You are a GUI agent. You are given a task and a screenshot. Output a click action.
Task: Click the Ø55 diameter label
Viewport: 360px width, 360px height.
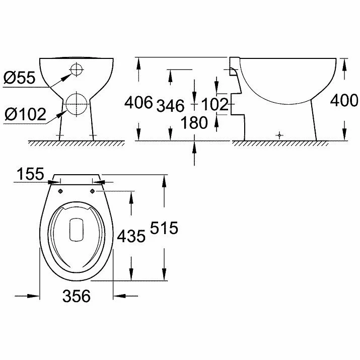pos(20,78)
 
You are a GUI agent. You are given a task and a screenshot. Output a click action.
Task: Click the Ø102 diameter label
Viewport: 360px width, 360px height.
pos(26,114)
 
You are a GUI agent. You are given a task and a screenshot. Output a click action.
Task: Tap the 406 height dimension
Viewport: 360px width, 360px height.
pos(138,102)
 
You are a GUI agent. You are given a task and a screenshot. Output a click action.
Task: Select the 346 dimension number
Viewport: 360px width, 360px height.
pos(170,106)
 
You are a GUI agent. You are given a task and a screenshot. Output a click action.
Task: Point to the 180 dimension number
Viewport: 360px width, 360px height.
pos(194,122)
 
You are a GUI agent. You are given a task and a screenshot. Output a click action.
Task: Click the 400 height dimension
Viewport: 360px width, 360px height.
pos(344,100)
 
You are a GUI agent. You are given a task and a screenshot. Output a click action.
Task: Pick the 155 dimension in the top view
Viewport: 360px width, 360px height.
pos(30,174)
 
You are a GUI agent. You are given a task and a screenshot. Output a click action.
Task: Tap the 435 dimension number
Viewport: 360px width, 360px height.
pos(131,236)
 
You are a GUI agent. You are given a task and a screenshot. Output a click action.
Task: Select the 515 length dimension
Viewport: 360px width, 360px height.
pos(164,228)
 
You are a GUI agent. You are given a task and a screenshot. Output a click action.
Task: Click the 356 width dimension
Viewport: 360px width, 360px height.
pos(77,296)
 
